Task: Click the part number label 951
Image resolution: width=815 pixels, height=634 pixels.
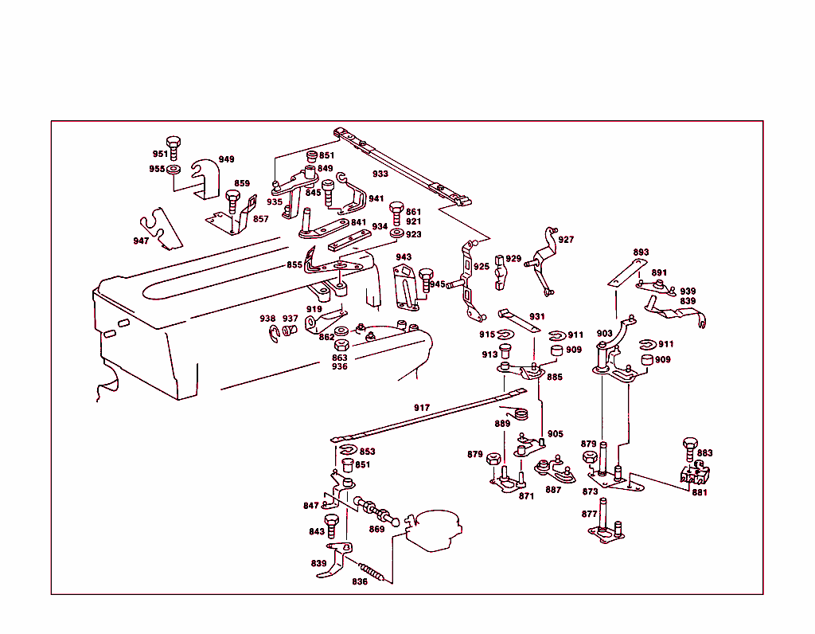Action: [x=160, y=155]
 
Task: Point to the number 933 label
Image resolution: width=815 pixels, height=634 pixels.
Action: [x=380, y=174]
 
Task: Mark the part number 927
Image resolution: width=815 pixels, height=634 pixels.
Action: [x=566, y=240]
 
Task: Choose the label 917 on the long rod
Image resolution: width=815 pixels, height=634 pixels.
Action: [x=421, y=408]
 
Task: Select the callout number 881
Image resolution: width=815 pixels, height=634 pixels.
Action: [x=699, y=492]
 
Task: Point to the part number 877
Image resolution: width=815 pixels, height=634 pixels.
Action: [x=589, y=515]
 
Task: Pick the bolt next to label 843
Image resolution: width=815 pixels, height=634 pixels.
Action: [x=333, y=526]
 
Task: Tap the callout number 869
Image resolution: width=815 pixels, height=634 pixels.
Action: [x=376, y=529]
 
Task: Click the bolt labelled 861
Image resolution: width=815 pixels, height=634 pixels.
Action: [x=396, y=213]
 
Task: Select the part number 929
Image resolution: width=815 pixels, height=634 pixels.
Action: [x=513, y=259]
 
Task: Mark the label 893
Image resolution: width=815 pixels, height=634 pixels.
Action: [x=641, y=252]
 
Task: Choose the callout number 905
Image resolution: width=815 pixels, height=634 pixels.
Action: [x=555, y=434]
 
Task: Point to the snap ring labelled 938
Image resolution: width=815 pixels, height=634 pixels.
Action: [x=273, y=332]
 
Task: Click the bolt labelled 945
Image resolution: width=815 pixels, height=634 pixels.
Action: [x=425, y=278]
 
